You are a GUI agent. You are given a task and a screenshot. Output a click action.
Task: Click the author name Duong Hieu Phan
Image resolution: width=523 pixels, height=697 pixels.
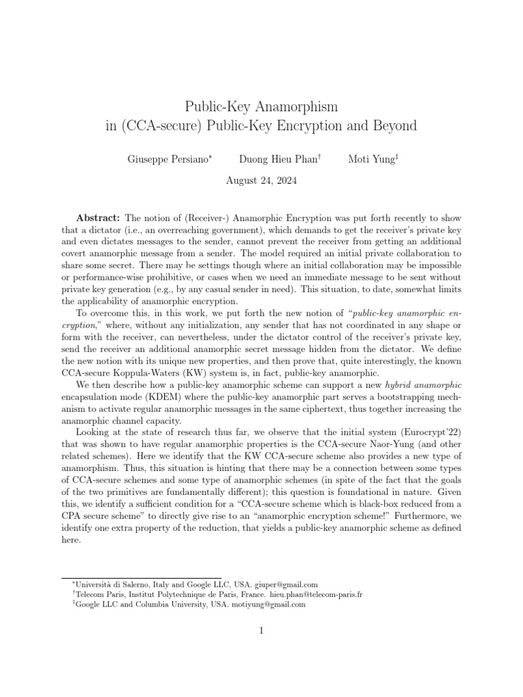[278, 160]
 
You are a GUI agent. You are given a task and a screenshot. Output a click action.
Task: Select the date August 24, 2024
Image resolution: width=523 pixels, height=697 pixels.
[261, 181]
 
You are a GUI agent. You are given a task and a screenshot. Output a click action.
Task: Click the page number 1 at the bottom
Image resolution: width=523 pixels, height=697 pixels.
[261, 630]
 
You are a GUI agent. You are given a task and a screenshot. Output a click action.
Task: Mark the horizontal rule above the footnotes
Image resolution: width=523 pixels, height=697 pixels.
[141, 577]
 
